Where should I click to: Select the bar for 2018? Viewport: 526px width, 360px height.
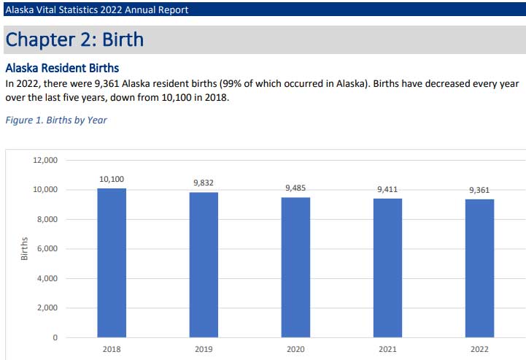coord(112,263)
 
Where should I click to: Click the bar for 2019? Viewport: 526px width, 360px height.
coord(204,264)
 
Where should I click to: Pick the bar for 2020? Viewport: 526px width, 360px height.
coord(295,267)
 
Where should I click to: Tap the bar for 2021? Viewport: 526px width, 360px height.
coord(387,268)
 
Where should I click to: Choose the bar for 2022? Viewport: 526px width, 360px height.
coord(479,268)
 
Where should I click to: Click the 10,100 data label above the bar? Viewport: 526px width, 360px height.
coord(112,178)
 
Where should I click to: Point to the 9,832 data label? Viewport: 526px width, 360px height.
coord(204,183)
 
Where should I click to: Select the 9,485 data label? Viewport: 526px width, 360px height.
coord(295,188)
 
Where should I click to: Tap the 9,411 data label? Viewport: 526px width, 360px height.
coord(387,189)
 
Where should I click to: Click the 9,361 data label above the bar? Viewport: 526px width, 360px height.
coord(479,190)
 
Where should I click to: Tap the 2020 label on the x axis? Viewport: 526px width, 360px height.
coord(295,350)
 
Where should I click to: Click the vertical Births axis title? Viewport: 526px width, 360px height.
coord(24,249)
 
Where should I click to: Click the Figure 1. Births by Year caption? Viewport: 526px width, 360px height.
coord(56,120)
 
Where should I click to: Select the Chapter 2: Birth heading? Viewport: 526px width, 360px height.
coord(74,39)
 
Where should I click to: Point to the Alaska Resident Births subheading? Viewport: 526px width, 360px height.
coord(62,68)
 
